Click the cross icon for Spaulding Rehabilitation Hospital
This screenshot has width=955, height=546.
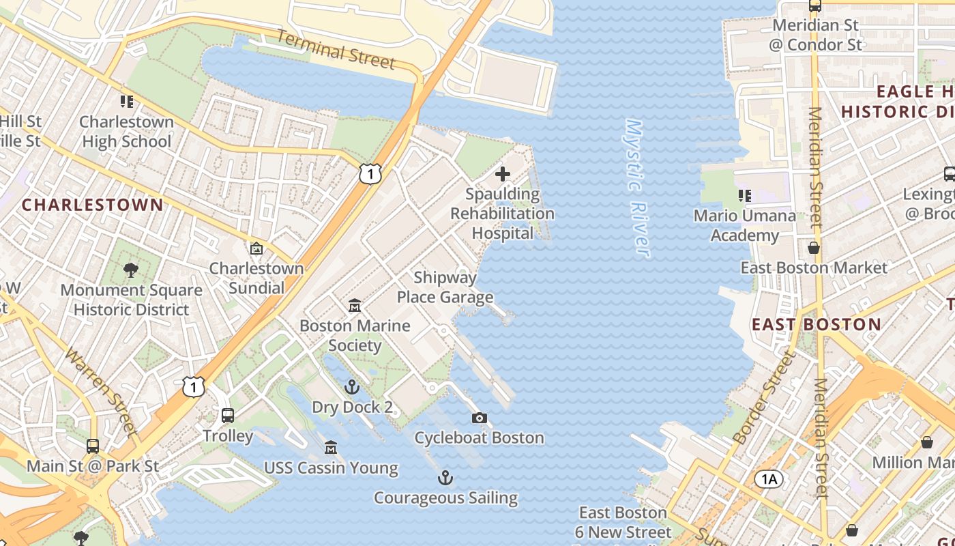[503, 174]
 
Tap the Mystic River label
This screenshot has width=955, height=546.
[636, 188]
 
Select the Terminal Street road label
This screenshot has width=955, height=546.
[336, 49]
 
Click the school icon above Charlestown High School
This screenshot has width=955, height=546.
[126, 102]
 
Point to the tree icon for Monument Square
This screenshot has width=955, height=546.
[131, 270]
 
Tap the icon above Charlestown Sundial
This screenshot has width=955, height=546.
[256, 248]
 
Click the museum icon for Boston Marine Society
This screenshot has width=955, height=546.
[355, 306]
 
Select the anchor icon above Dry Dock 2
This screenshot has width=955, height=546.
[352, 388]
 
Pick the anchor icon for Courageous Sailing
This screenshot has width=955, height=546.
[445, 478]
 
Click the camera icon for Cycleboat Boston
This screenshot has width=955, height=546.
[480, 418]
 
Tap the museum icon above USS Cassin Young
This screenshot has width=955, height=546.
[331, 448]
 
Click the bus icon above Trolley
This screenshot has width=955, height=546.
[228, 415]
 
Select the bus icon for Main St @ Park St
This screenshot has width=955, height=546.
[93, 446]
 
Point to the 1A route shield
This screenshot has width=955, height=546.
[769, 479]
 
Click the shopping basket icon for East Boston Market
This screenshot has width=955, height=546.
[814, 247]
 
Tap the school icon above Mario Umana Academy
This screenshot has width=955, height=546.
[745, 196]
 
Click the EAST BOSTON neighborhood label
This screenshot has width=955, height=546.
[817, 324]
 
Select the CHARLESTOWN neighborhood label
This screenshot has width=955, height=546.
[93, 205]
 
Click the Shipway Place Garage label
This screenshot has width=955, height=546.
[445, 287]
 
